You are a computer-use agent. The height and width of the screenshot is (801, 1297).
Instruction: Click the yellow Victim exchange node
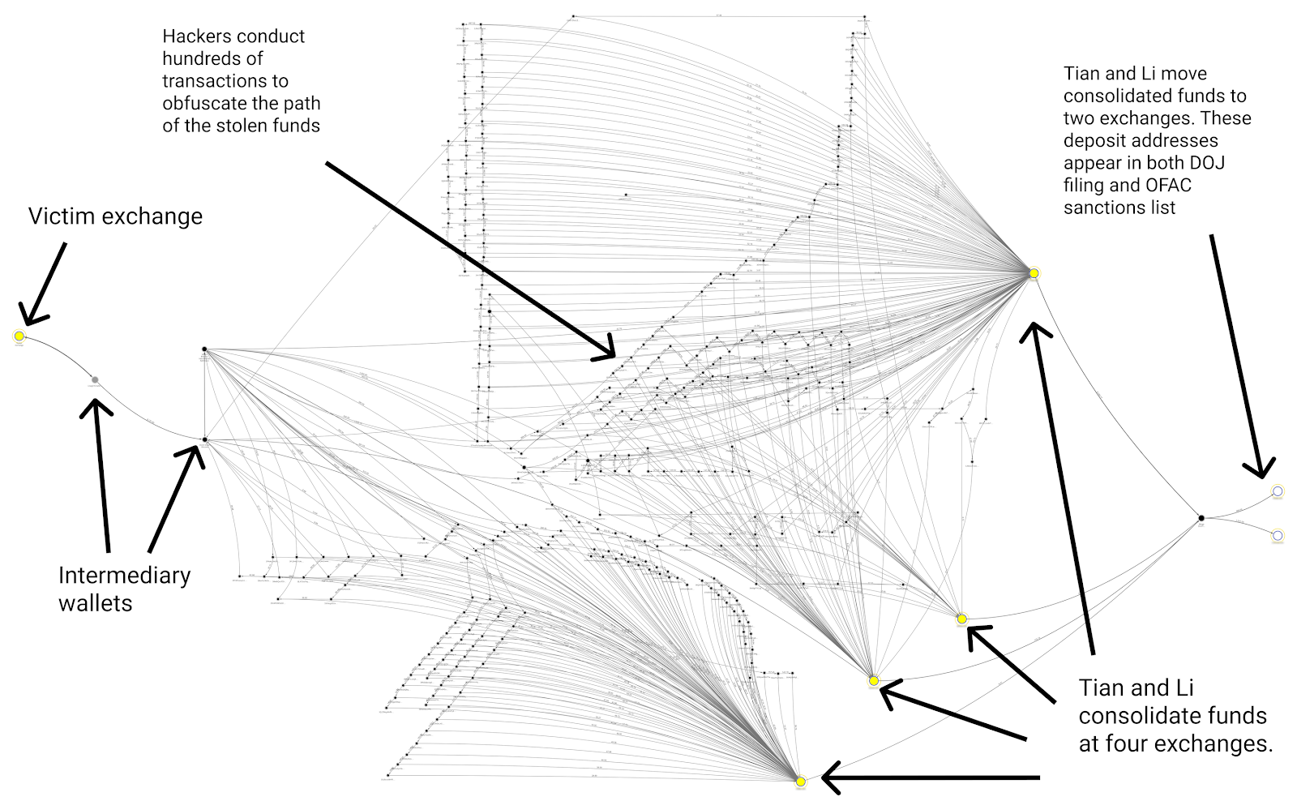pyautogui.click(x=19, y=336)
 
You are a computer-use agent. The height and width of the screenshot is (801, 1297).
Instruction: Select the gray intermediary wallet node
pyautogui.click(x=95, y=379)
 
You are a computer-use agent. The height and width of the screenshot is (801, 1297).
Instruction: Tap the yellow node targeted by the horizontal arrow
pyautogui.click(x=801, y=782)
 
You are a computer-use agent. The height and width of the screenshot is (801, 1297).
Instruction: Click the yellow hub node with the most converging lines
pyautogui.click(x=1034, y=273)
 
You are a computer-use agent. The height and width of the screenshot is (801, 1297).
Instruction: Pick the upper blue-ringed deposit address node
pyautogui.click(x=1278, y=490)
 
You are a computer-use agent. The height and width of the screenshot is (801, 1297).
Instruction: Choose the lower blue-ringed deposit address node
pyautogui.click(x=1278, y=535)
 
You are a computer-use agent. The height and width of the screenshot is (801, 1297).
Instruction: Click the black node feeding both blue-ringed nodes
pyautogui.click(x=1201, y=518)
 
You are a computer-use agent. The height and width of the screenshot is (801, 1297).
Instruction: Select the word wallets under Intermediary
pyautogui.click(x=95, y=603)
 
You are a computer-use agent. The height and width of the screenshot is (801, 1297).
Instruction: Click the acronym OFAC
pyautogui.click(x=1168, y=186)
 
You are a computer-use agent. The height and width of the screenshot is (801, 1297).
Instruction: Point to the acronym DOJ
pyautogui.click(x=1207, y=163)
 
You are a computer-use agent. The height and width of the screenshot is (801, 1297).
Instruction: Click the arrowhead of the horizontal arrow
pyautogui.click(x=828, y=778)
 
